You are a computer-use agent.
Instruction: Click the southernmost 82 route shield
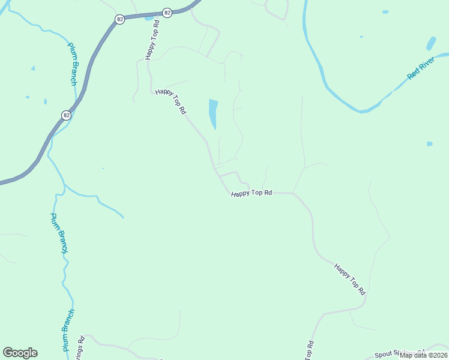[x=66, y=115]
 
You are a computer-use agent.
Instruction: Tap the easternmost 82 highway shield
[x=167, y=13]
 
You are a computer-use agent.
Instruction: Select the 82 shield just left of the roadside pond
[x=120, y=20]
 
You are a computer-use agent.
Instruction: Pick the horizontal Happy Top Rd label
[x=252, y=193]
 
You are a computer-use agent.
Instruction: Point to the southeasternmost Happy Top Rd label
[x=350, y=280]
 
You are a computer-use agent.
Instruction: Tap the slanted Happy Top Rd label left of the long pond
[x=171, y=101]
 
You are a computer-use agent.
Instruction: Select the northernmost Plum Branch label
[x=73, y=64]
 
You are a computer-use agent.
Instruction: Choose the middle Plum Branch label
[x=59, y=233]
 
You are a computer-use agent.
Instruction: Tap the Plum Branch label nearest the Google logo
[x=68, y=330]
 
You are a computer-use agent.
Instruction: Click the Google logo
[x=20, y=353]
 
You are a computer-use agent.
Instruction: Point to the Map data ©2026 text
[x=424, y=355]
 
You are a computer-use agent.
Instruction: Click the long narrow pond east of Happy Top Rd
[x=213, y=114]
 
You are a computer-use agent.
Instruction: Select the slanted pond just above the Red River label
[x=430, y=44]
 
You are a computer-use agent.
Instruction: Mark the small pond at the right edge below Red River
[x=429, y=144]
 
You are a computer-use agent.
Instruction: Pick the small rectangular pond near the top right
[x=385, y=12]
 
